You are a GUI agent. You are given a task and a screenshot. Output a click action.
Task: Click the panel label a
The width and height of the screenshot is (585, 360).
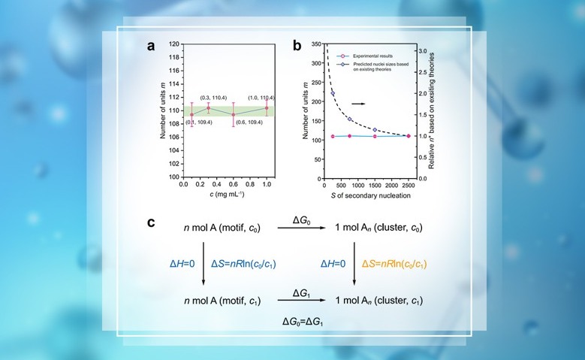(x=152, y=46)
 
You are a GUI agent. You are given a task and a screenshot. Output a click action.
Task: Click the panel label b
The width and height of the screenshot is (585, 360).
(x=297, y=46)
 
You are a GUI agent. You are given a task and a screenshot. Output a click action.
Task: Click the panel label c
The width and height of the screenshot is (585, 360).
(x=151, y=223)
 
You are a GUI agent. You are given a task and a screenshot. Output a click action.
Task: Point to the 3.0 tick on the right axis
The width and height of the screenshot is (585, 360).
(x=423, y=50)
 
